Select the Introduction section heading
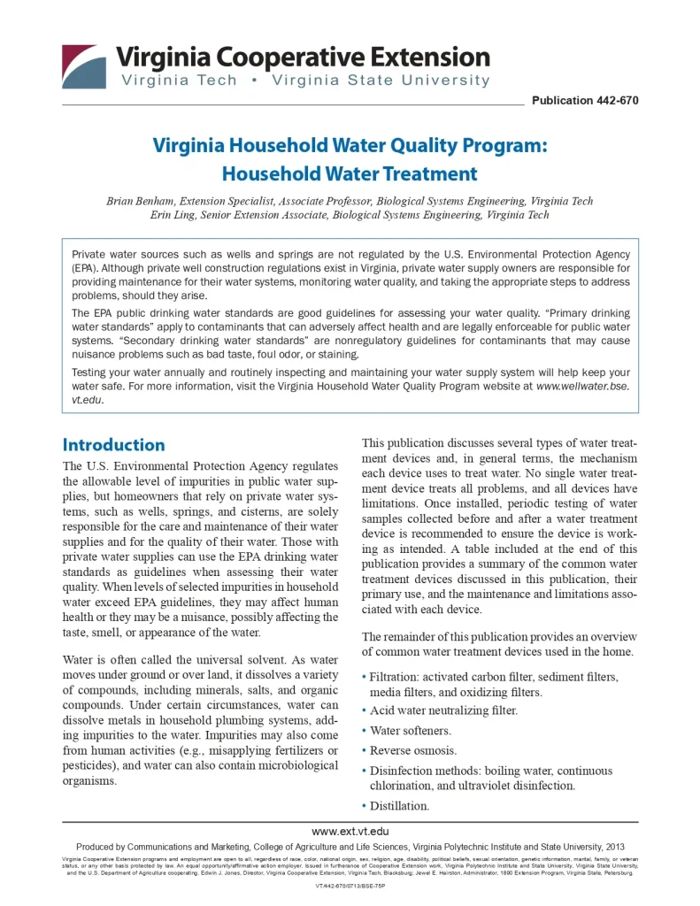point(113,445)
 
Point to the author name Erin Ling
point(173,215)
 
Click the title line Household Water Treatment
point(350,173)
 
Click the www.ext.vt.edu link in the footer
point(350,832)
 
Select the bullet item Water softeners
point(411,731)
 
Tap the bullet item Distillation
point(399,806)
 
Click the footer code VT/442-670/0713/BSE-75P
point(350,885)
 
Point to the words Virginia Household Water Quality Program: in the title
point(350,145)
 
